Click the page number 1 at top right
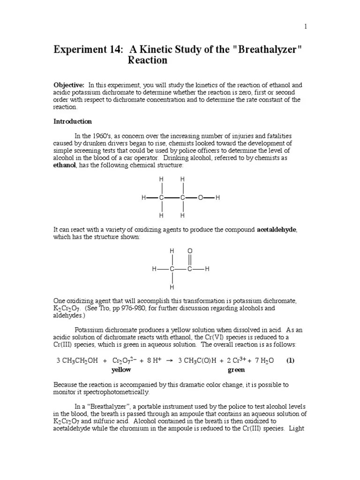306,27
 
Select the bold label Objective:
69,85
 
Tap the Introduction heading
73,121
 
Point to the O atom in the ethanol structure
200,198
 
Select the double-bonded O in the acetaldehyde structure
190,252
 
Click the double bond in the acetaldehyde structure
190,260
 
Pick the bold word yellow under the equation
121,370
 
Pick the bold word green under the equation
236,370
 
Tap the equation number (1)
291,360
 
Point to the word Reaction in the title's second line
147,61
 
